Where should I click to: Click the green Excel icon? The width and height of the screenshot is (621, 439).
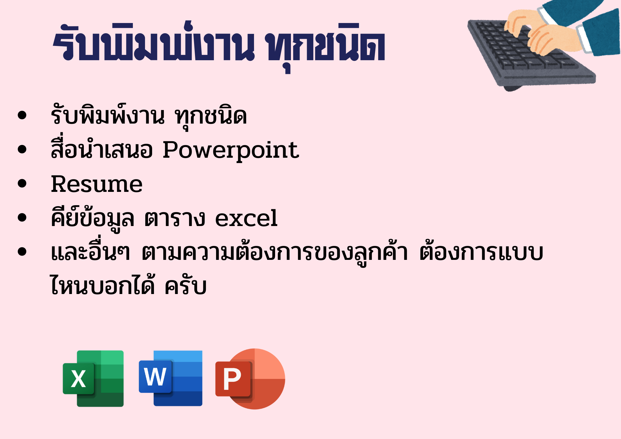[93, 378]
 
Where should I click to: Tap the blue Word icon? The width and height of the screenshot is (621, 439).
[170, 378]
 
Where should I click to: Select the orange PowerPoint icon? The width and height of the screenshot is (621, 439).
[250, 379]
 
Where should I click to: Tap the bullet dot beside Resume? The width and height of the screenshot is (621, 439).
[22, 183]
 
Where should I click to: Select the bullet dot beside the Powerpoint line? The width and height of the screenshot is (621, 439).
[22, 149]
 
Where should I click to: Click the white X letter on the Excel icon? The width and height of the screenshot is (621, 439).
[78, 379]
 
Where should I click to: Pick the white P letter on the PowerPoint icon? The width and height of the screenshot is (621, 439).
[232, 379]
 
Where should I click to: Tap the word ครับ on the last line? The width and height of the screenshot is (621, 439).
[185, 285]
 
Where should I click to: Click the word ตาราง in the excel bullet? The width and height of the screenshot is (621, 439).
[175, 218]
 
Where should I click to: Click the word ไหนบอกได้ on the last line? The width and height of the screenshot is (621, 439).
[102, 284]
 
